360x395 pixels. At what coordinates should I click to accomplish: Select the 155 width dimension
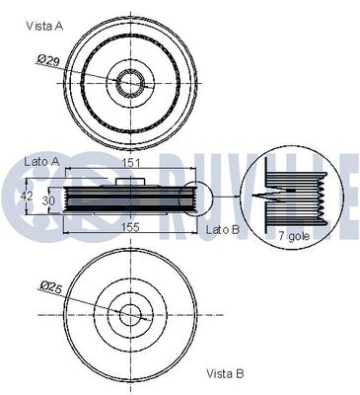pos(127,225)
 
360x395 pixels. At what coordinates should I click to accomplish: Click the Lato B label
pos(223,229)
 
